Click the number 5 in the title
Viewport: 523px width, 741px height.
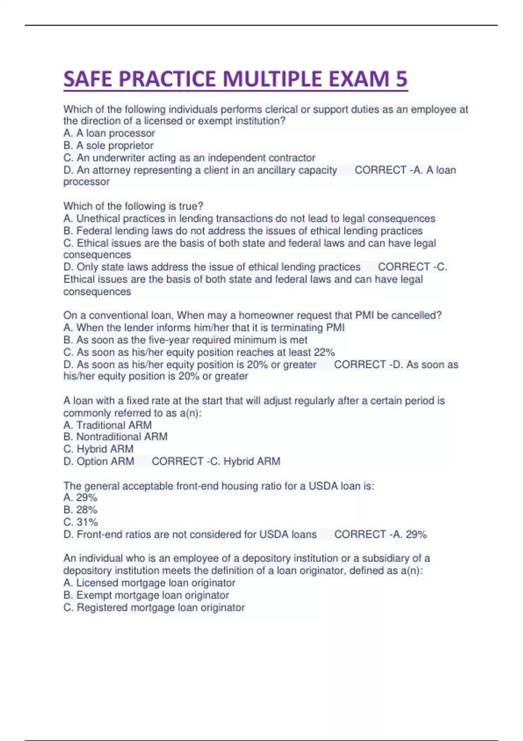[401, 79]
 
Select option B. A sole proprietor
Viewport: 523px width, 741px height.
[109, 146]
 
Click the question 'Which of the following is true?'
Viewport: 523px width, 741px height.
[133, 206]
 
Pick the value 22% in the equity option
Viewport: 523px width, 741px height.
[324, 352]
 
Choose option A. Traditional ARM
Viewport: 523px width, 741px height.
[108, 425]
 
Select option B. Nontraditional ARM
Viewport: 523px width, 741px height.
[115, 437]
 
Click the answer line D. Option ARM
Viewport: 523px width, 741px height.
[99, 461]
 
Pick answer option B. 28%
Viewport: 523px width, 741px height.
[80, 510]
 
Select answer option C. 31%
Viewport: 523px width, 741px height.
[81, 522]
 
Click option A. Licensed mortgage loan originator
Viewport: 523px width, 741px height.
[149, 583]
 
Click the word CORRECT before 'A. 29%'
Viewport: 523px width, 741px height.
[360, 534]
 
